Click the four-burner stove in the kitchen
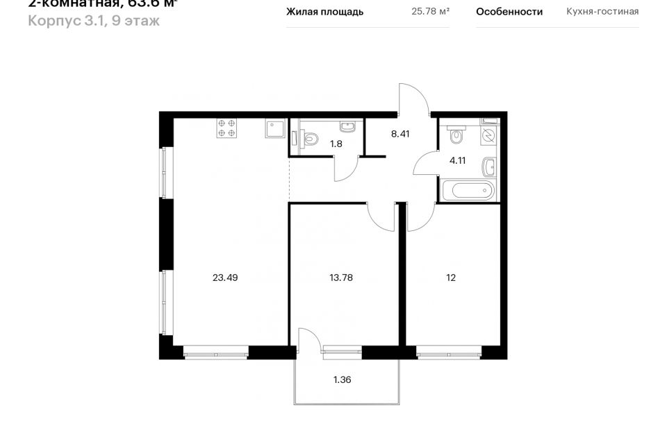227,128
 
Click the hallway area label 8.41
400,134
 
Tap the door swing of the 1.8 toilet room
345,170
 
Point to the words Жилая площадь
324,12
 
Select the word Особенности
509,12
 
